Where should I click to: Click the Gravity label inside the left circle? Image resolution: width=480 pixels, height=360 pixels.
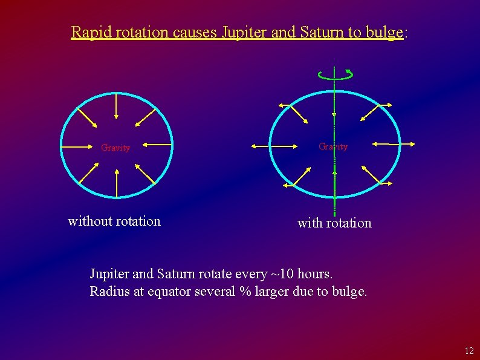115,148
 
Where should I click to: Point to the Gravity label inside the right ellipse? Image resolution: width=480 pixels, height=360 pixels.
333,146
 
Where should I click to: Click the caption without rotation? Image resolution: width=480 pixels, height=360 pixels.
114,221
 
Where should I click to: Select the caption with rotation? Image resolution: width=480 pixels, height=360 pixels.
334,223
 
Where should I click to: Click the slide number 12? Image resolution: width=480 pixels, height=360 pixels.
469,351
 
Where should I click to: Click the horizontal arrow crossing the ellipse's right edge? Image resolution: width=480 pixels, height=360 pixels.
394,144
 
